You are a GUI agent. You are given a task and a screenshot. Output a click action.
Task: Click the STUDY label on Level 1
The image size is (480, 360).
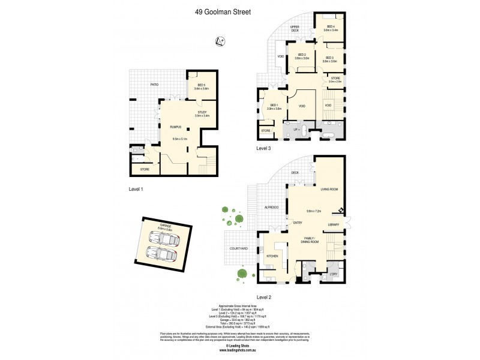202,112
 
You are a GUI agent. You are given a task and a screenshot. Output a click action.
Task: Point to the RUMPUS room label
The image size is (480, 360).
175,127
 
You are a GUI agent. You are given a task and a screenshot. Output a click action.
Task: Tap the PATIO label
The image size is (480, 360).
154,85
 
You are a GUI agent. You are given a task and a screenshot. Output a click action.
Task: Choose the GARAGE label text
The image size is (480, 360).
165,226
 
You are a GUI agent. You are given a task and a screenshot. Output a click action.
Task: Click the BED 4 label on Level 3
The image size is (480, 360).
332,28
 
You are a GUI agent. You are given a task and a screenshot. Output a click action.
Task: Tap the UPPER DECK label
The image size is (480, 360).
295,28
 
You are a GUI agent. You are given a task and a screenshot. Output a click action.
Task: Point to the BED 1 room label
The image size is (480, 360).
275,106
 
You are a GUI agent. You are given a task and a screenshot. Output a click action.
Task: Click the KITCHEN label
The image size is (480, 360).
272,256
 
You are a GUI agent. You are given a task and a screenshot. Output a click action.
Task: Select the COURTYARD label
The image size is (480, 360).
239,248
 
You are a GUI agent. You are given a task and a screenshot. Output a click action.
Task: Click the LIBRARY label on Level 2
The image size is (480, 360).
334,224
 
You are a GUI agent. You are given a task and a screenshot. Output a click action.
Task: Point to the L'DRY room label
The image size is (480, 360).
334,274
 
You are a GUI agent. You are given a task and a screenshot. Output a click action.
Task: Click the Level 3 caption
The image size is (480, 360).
265,147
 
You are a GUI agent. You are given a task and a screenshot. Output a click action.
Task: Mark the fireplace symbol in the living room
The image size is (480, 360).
340,209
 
